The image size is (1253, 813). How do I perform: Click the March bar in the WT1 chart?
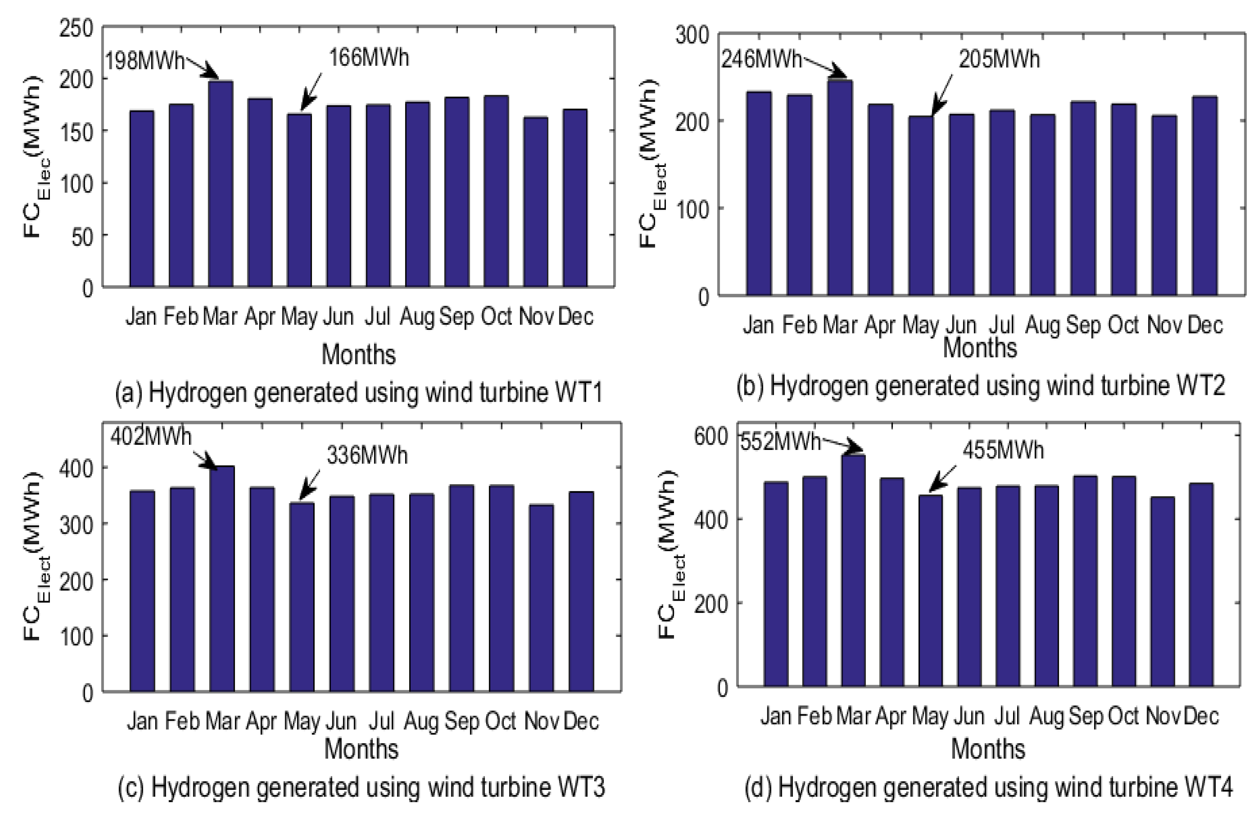coord(221,184)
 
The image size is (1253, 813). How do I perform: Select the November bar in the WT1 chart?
coord(536,202)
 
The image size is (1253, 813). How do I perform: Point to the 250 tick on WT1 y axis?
coord(76,28)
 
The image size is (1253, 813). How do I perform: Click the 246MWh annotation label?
coord(761,59)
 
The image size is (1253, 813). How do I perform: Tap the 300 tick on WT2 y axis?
coord(692,36)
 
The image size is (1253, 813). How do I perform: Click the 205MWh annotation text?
coord(999,59)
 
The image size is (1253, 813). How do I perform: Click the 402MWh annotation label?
coord(151,437)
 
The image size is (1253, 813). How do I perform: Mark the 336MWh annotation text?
coord(367,455)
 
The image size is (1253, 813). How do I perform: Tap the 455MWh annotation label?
coord(1003,450)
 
